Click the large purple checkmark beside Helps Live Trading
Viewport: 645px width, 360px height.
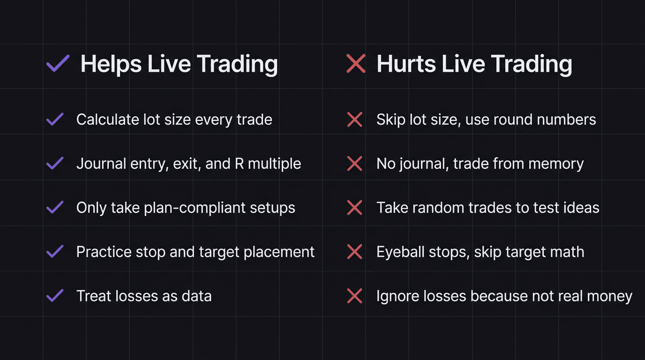pos(58,64)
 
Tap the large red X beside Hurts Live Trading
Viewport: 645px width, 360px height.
pos(356,64)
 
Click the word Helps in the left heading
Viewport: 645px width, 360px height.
pos(111,64)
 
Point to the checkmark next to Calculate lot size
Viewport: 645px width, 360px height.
pos(55,120)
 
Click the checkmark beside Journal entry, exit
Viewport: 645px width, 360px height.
pos(55,164)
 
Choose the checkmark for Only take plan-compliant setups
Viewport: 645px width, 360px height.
pos(55,208)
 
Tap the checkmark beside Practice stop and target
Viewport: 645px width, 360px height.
pos(55,252)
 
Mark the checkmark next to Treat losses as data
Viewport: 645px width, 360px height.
pos(55,296)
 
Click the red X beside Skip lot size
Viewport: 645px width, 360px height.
pos(354,120)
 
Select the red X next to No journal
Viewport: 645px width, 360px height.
pos(354,164)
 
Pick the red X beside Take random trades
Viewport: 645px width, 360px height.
pos(354,208)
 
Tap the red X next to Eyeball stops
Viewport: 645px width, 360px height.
pos(354,252)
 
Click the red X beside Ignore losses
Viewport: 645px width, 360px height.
pos(354,296)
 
